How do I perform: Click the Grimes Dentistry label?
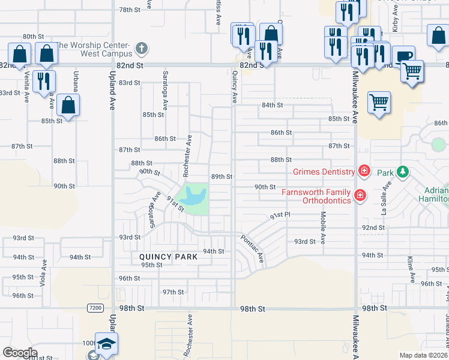[x=324, y=172]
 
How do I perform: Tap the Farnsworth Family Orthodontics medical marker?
[x=360, y=195]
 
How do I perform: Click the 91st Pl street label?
[x=280, y=215]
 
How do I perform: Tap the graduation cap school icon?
[x=106, y=344]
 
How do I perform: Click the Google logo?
[x=20, y=352]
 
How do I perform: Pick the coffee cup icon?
[x=404, y=56]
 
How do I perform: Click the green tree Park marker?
[x=403, y=173]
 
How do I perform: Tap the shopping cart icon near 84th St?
[x=379, y=102]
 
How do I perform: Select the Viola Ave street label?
[x=43, y=274]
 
